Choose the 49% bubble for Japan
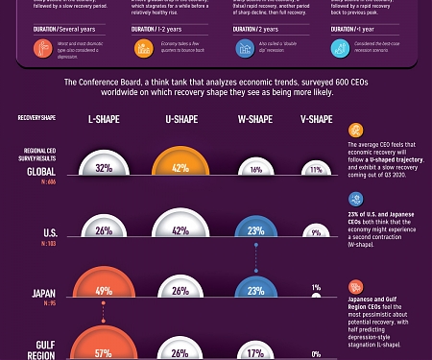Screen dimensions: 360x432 [104, 291]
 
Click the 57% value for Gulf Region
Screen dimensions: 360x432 [104, 351]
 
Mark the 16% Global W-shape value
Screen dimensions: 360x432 [254, 168]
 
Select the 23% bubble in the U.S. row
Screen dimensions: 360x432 [254, 230]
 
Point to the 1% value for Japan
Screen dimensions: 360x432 [316, 287]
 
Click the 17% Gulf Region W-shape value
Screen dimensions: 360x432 [254, 352]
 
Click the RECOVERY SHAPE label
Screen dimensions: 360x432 [37, 119]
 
